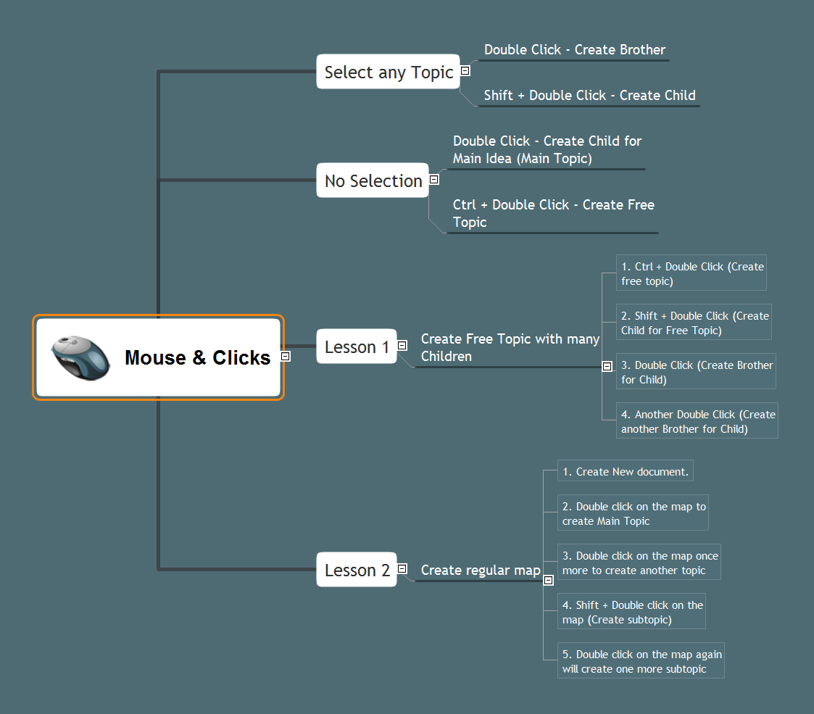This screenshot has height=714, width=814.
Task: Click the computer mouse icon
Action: coord(80,357)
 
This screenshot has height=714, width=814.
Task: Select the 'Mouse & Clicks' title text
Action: coord(197,357)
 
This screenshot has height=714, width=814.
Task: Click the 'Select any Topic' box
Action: coord(389,72)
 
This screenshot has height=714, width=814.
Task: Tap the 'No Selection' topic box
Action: coord(373,180)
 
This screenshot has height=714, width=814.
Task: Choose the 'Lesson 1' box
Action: coord(357,346)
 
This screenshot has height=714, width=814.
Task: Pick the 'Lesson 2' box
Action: coord(357,570)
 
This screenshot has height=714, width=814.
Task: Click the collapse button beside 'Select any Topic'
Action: coord(465,70)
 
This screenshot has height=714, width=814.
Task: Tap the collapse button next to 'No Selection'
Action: coord(434,179)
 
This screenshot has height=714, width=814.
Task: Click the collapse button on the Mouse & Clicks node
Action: coord(286,356)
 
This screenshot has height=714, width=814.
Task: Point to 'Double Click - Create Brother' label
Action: coord(574,50)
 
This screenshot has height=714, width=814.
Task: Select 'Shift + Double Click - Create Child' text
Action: coord(589,96)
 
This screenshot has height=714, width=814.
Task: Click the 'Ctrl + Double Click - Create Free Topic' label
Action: coord(553,213)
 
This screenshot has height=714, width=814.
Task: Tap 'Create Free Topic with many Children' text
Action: coord(510,347)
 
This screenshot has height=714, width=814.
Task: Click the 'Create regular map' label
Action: coord(480,570)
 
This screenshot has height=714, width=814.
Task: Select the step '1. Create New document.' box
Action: coord(625,472)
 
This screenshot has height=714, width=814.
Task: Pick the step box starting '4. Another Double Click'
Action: coord(697,421)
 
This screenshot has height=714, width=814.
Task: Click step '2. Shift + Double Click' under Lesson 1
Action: coord(694,323)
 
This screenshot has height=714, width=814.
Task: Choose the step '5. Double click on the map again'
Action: coord(641,661)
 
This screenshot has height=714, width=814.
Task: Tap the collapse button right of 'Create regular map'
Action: coord(549,580)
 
